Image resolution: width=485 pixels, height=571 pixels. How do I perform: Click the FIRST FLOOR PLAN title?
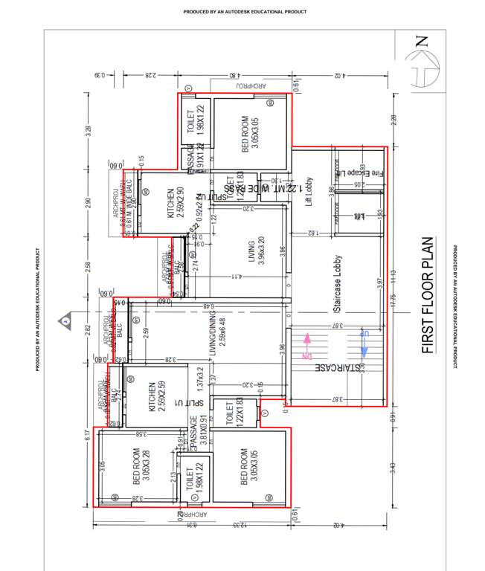click(x=428, y=295)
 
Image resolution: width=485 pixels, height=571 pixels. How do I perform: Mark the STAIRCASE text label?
click(x=338, y=368)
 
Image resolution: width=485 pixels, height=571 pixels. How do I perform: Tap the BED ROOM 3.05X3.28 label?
click(x=141, y=465)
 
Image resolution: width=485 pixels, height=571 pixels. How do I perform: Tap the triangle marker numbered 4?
click(x=66, y=320)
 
